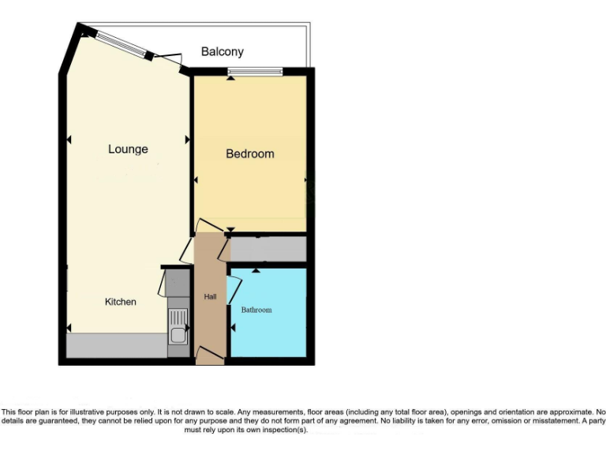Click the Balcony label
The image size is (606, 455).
(x=222, y=52)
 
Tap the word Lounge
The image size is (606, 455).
(x=128, y=149)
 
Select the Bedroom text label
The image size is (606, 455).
(x=250, y=154)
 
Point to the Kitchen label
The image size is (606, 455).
(x=121, y=302)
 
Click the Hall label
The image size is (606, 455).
(x=210, y=297)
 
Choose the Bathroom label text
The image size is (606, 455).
(x=256, y=310)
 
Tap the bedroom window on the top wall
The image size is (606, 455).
(x=255, y=72)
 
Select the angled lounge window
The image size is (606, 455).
(x=121, y=44)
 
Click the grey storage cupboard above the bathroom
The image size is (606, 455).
(x=267, y=249)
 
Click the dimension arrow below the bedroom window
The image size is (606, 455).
(x=230, y=81)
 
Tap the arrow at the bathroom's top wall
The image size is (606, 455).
(x=256, y=272)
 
